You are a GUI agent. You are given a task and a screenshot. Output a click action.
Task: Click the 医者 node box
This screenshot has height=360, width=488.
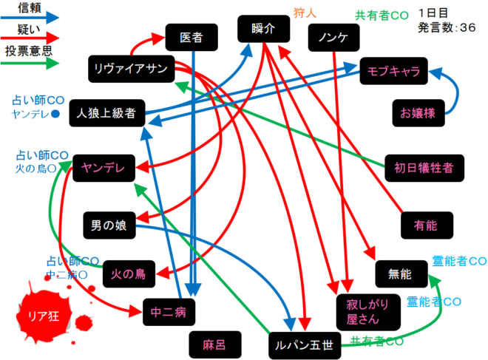coord(192,37)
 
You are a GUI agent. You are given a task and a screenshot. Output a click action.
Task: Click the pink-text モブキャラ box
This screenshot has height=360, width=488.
coord(393,72)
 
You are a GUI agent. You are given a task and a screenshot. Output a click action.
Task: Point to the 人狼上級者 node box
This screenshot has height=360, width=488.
coord(104,114)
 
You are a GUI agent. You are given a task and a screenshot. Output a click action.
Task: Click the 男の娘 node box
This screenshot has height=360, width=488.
coord(108,224)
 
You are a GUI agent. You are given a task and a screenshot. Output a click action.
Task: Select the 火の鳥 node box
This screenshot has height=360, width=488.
coord(129,274)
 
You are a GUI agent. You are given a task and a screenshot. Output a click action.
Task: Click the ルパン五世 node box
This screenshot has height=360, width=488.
coord(305,343)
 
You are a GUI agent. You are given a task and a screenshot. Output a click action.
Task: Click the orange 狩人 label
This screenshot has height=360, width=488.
coord(305,13)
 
